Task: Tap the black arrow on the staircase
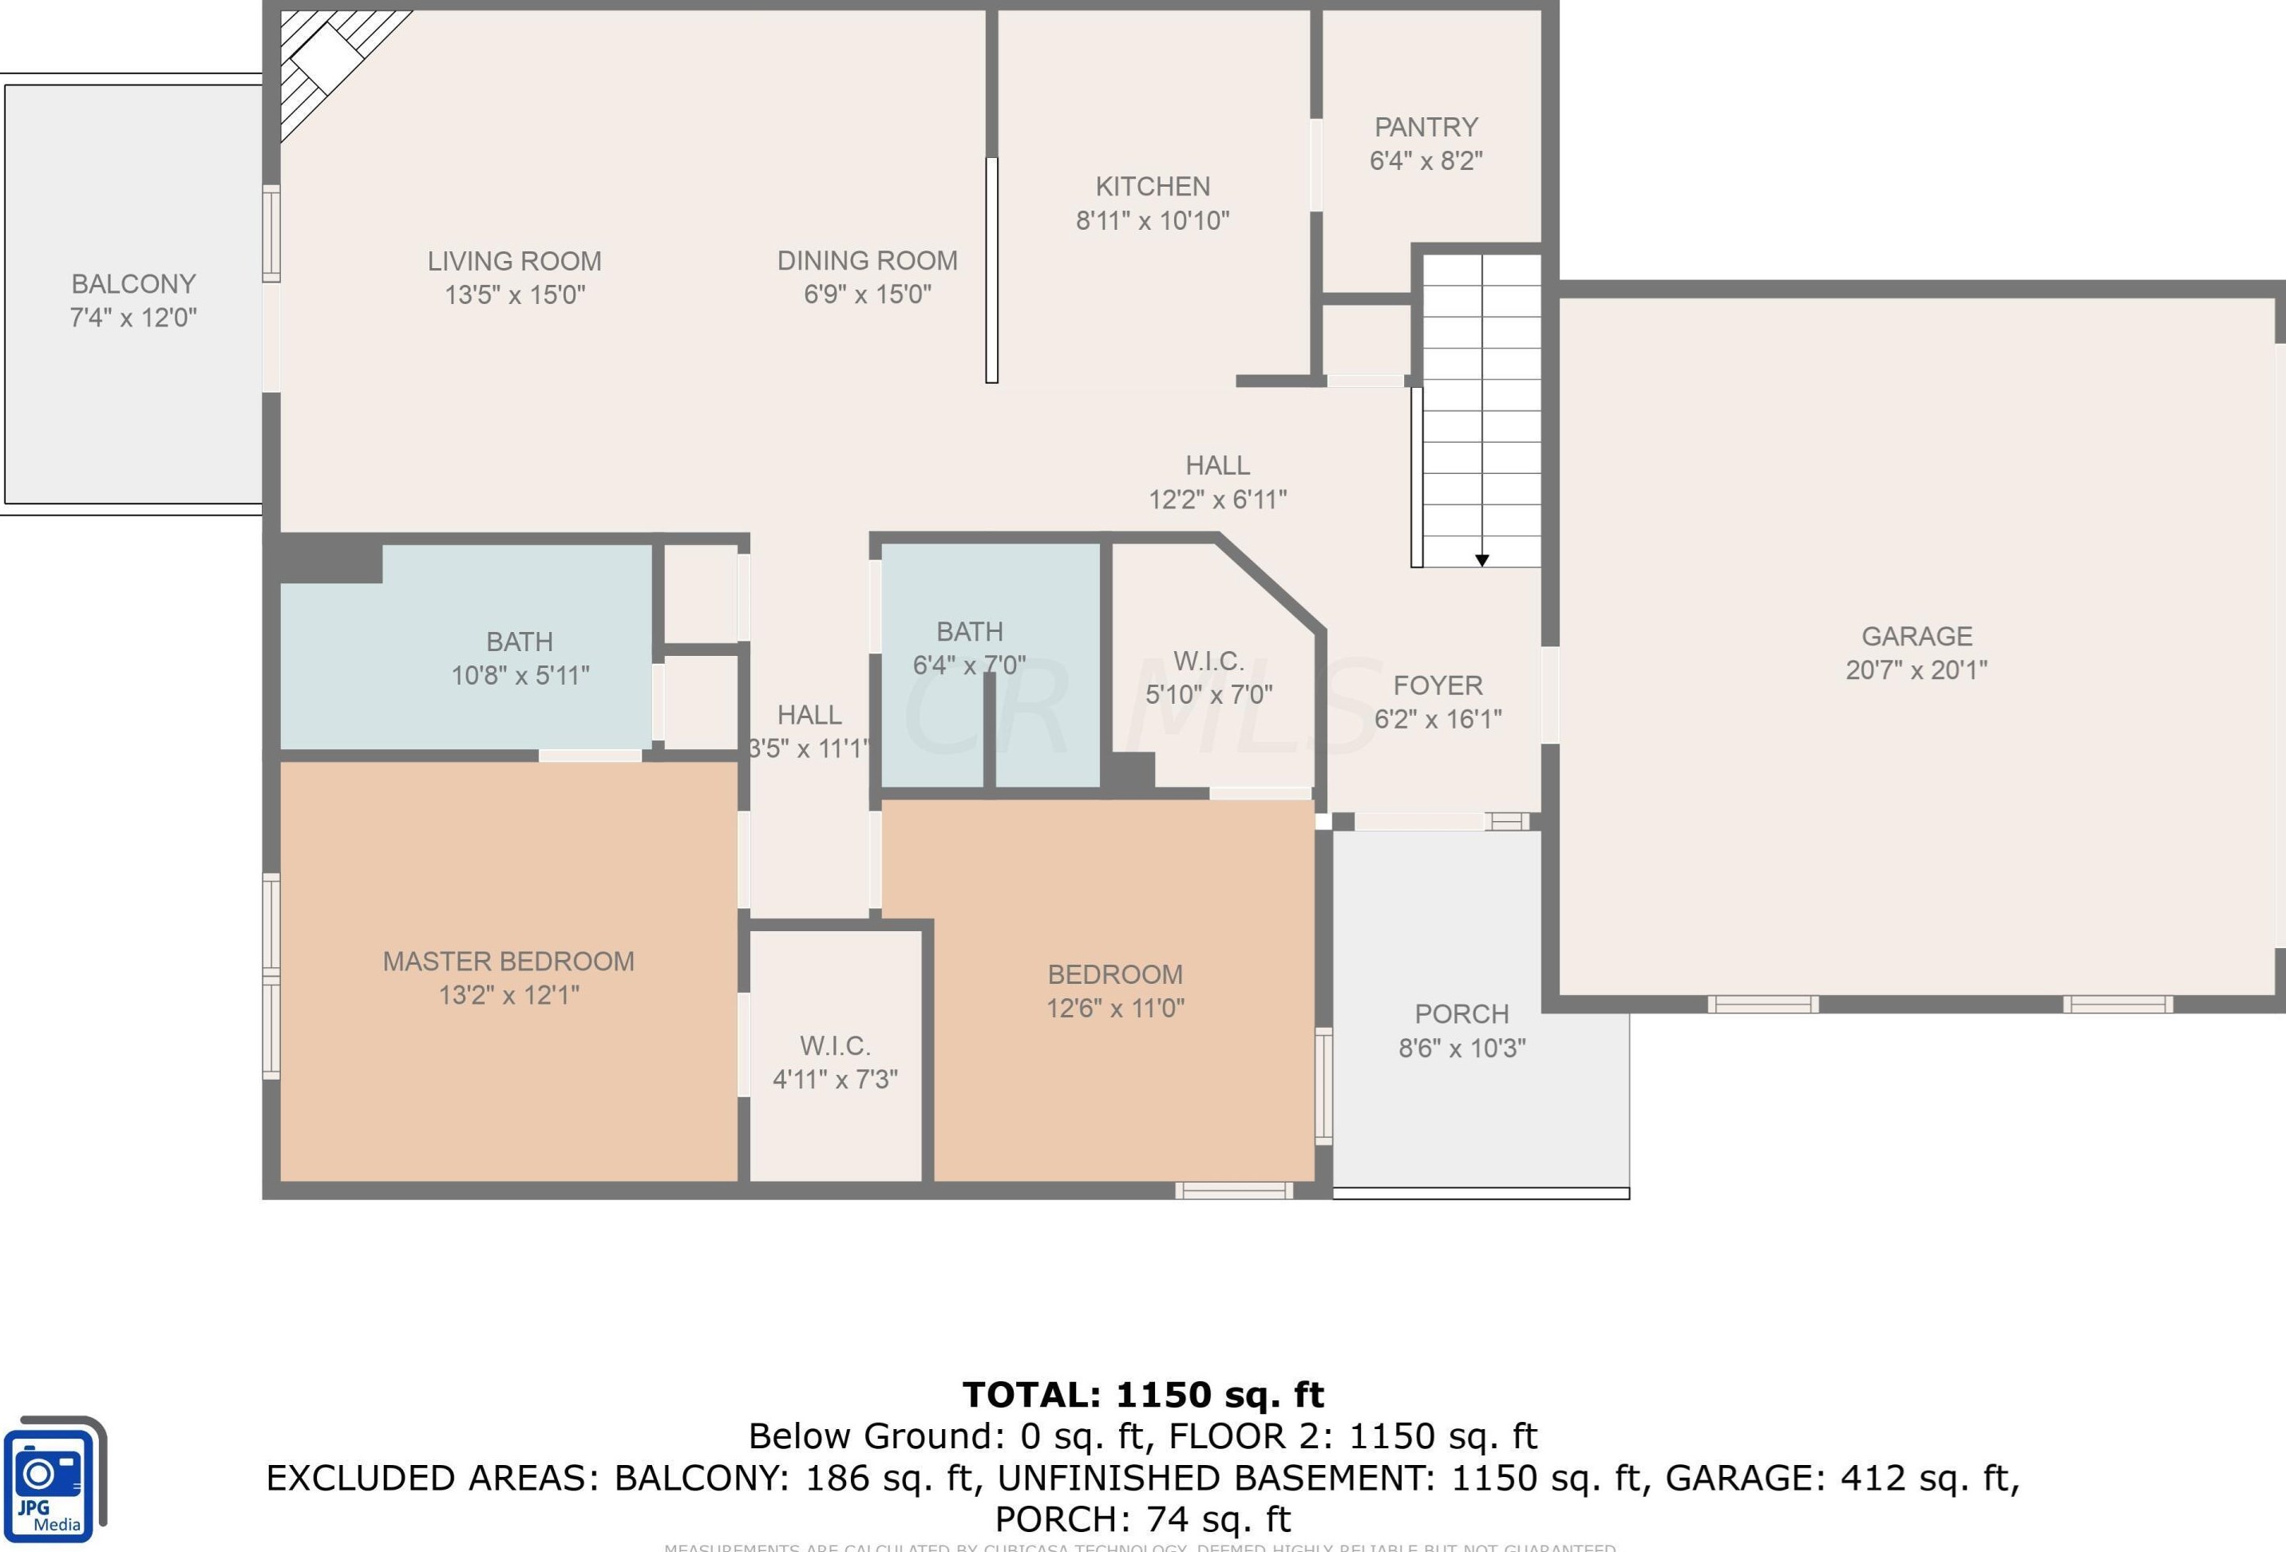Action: coord(1481,559)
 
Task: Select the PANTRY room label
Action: coord(1426,128)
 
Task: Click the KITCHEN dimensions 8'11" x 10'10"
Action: coord(1152,220)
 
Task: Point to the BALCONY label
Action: coord(134,284)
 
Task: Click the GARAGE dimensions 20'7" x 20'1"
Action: coord(1916,669)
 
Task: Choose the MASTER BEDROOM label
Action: coord(508,961)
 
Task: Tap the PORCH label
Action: coord(1461,1014)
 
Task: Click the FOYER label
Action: coord(1437,685)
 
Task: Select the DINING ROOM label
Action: coord(867,261)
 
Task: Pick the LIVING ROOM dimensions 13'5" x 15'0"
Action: coord(515,295)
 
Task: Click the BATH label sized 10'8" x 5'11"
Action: coord(520,642)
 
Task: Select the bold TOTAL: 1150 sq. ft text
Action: coord(1143,1395)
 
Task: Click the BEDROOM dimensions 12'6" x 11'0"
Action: coord(1114,1008)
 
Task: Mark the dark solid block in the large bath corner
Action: coord(330,561)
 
